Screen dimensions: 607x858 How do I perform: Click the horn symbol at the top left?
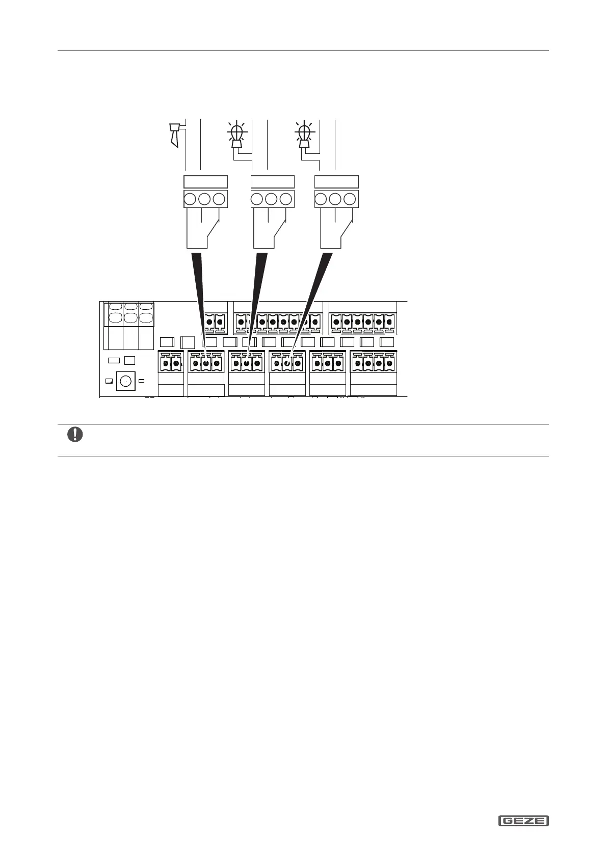175,134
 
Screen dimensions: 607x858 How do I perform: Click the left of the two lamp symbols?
236,134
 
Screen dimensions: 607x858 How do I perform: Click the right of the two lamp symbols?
304,134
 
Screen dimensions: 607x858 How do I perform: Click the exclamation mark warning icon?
75,435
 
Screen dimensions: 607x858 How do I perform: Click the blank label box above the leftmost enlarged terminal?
205,182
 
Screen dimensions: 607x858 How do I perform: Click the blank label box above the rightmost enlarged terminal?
336,182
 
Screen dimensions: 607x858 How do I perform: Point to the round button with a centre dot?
124,381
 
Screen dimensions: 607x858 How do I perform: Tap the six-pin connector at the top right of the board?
362,321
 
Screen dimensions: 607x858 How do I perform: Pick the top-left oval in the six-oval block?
116,307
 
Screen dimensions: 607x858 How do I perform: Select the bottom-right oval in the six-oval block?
146,318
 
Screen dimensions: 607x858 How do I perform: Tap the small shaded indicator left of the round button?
109,381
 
